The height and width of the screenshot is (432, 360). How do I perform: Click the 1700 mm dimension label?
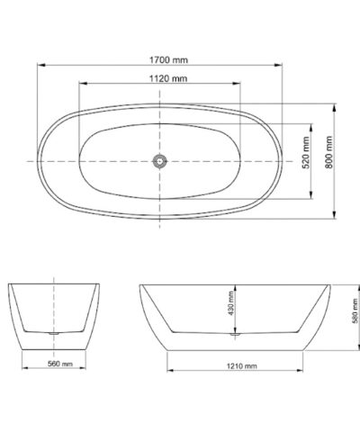[168, 60]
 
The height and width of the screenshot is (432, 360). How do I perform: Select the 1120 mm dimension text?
[168, 78]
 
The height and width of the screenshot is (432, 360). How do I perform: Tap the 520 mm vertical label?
[306, 152]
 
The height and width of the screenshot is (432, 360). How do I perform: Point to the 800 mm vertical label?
[329, 152]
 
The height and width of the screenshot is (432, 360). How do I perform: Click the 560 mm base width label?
[60, 364]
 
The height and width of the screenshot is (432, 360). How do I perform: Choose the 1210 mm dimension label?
[241, 366]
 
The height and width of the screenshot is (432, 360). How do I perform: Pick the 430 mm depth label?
[231, 303]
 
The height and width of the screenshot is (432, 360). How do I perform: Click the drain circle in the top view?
[159, 161]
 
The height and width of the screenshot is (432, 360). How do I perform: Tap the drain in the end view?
[54, 333]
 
